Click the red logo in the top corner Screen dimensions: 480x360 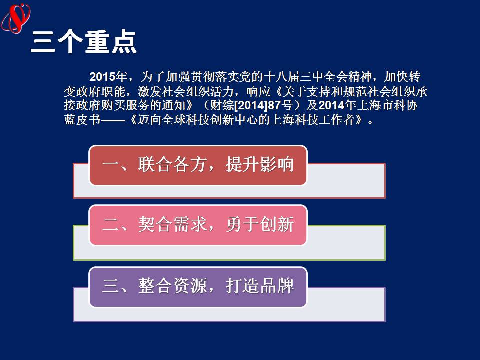point(16,18)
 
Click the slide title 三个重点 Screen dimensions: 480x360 point(84,42)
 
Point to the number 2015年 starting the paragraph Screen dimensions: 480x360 point(108,77)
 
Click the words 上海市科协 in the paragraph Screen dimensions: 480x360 point(387,105)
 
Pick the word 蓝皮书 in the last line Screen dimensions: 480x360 point(82,119)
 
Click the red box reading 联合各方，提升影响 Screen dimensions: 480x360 point(198,165)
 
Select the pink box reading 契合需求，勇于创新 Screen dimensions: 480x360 point(198,225)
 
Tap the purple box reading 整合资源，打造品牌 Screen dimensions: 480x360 point(198,287)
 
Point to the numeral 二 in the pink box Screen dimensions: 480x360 point(111,225)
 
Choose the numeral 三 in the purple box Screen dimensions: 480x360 point(111,286)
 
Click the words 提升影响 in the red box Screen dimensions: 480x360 point(260,164)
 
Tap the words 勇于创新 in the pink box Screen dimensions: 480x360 point(260,224)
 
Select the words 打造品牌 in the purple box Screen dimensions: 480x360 point(260,286)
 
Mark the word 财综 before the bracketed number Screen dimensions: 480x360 point(222,105)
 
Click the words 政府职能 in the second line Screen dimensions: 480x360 point(100,91)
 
